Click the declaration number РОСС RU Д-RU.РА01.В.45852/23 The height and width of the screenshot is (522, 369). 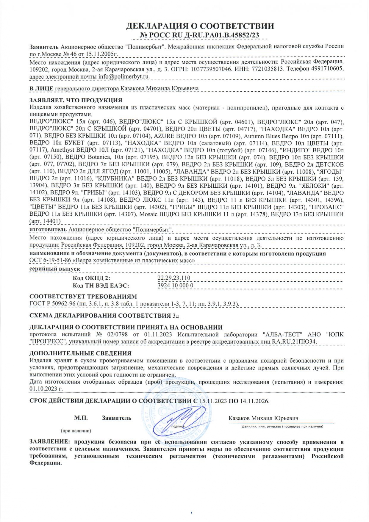coord(200,35)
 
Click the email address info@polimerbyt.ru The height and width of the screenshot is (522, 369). coord(124,76)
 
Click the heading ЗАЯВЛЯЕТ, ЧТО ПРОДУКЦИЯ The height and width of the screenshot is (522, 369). coord(76,100)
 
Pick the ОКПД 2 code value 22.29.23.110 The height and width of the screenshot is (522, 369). coord(174,278)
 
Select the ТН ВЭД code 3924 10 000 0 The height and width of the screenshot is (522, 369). coord(175,285)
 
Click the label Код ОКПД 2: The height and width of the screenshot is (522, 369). coord(91,278)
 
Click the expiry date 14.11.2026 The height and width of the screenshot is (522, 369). coord(254,401)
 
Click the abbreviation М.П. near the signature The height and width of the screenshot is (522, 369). coord(81,418)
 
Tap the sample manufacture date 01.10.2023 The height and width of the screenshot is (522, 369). coord(46,388)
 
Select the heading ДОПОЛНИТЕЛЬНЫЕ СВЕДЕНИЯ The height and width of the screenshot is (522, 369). coord(80,353)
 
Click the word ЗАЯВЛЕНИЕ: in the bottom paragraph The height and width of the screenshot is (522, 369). coord(50,442)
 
